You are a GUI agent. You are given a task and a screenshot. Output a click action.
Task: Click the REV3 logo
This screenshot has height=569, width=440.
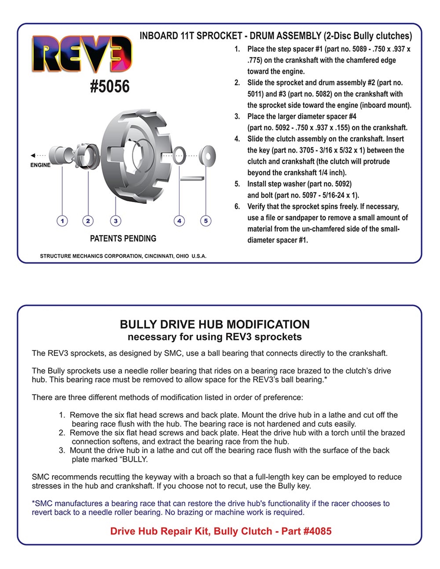(82, 54)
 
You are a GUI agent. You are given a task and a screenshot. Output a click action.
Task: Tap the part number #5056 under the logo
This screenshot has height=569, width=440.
(110, 86)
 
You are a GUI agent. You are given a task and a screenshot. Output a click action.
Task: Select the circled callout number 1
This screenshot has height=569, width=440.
(62, 221)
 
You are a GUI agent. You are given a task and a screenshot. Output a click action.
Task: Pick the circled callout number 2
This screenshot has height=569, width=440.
(88, 221)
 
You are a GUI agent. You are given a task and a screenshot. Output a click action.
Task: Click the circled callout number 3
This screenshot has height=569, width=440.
(116, 221)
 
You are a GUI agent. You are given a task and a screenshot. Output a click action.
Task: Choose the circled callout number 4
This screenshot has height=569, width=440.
(179, 221)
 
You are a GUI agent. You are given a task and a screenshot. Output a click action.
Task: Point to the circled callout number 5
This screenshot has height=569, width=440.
(206, 221)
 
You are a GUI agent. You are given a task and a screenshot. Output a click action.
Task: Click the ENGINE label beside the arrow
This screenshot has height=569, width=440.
(40, 165)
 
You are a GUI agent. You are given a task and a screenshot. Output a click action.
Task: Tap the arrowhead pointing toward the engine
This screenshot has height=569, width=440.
(33, 155)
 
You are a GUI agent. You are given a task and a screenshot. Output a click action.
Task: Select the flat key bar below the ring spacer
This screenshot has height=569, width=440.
(192, 178)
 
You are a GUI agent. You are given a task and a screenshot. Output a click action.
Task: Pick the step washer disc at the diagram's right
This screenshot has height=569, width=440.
(207, 156)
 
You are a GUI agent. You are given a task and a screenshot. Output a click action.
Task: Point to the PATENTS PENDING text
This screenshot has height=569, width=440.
(123, 238)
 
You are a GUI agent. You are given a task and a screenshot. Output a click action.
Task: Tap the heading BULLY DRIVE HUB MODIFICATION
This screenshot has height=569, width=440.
(215, 324)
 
